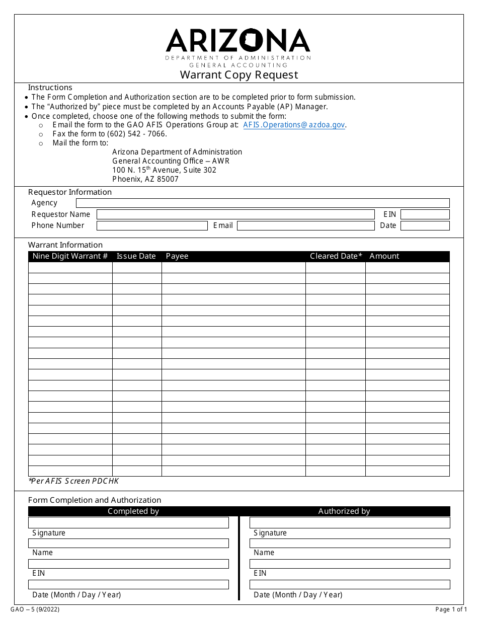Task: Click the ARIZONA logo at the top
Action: click(x=238, y=41)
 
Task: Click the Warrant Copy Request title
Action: click(x=239, y=75)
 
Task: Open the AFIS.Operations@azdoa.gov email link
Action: click(x=294, y=125)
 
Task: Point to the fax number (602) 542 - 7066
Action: click(x=136, y=134)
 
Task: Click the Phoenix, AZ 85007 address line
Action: click(x=145, y=179)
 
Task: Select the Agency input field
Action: click(x=262, y=203)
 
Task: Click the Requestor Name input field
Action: click(x=235, y=214)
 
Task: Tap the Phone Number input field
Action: click(x=152, y=226)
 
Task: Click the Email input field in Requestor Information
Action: click(x=306, y=226)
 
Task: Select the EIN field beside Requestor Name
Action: click(x=425, y=214)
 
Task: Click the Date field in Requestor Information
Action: click(x=425, y=226)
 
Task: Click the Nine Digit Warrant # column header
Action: click(x=70, y=256)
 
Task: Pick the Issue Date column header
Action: click(x=136, y=256)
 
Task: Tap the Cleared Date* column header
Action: click(x=336, y=256)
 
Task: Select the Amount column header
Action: click(x=384, y=256)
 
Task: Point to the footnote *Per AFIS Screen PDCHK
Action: click(x=74, y=481)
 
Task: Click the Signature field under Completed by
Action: click(x=128, y=523)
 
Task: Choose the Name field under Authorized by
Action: click(x=350, y=544)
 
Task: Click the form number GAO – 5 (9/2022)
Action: click(x=35, y=609)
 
